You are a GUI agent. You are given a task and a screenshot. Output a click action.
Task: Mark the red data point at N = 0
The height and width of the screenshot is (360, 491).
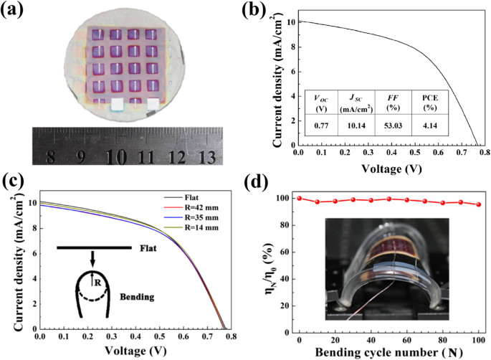click(x=299, y=199)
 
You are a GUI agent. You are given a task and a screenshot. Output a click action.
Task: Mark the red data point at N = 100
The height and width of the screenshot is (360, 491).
click(x=479, y=204)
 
